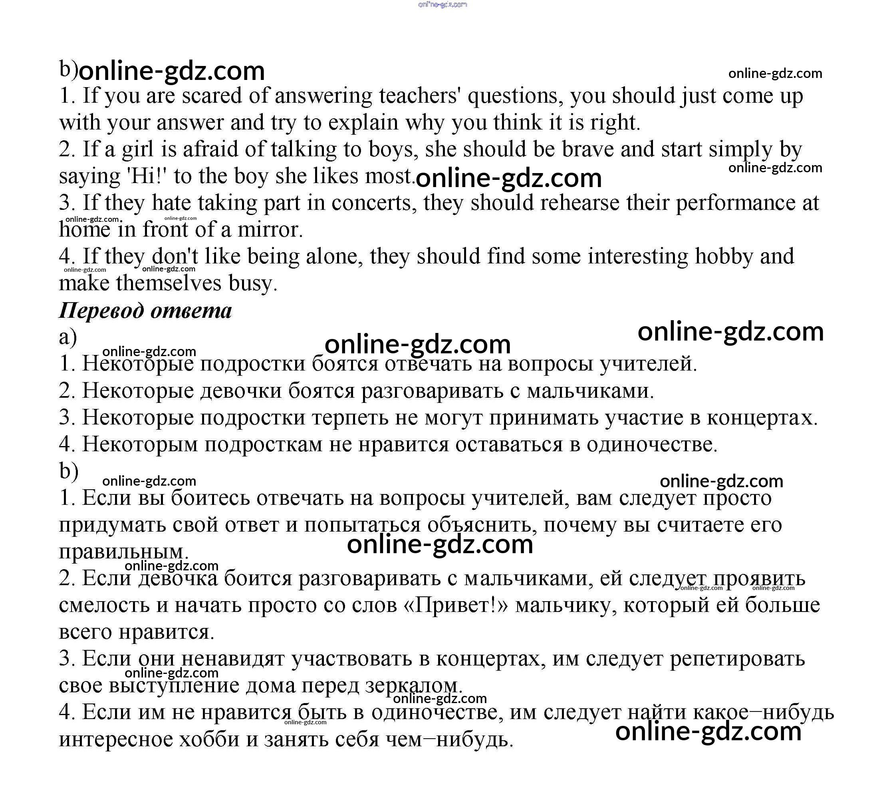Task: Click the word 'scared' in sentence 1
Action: [212, 96]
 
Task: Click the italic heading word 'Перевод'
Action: [101, 311]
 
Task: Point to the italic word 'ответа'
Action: [191, 311]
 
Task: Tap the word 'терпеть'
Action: [350, 418]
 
